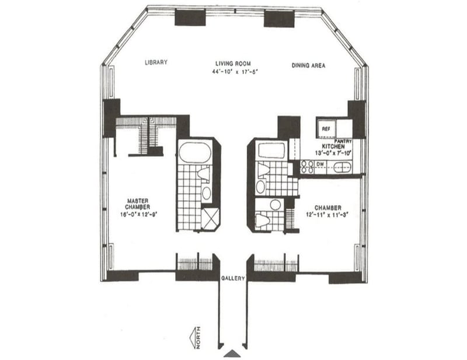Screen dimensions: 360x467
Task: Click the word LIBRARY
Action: (x=156, y=63)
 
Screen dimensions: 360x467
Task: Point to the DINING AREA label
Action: (x=308, y=65)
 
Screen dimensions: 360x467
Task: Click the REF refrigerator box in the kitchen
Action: (x=325, y=127)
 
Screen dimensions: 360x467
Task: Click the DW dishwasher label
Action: (x=319, y=165)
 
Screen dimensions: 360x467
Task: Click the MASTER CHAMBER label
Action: (x=138, y=204)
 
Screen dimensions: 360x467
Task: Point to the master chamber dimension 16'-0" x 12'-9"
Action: (x=138, y=214)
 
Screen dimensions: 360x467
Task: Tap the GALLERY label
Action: (x=233, y=278)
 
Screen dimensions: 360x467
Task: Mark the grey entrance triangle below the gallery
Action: (x=232, y=353)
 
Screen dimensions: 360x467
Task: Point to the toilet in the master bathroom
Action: (x=203, y=174)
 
